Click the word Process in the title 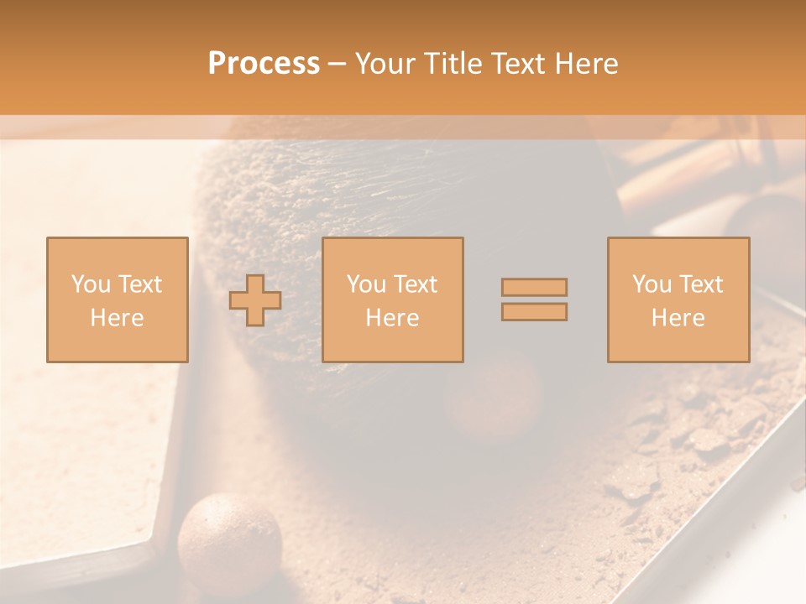264,64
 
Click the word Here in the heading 584,64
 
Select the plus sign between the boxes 256,299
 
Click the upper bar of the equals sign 534,287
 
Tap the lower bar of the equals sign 534,311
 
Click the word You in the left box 91,284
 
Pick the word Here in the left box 117,318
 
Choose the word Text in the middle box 416,284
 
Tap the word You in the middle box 366,284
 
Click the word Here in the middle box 392,318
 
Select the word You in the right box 652,284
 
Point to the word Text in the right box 701,284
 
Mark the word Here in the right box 678,318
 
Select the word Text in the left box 139,284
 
